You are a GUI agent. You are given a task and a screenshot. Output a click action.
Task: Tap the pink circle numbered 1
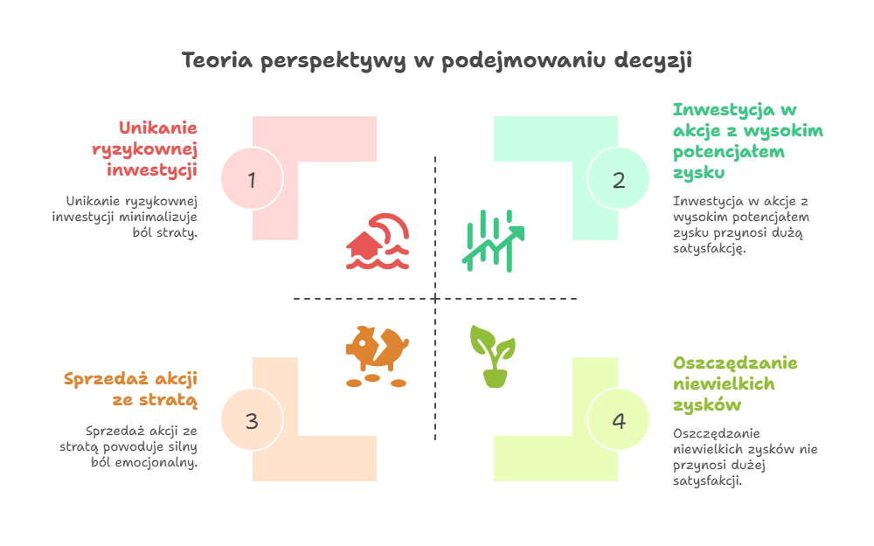[252, 179]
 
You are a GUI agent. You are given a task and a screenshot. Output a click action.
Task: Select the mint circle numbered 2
[619, 179]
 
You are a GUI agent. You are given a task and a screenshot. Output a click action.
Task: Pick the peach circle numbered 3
[252, 420]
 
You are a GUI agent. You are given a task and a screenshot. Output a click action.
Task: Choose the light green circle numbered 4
[619, 420]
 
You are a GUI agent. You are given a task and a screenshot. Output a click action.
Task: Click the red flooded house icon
[378, 241]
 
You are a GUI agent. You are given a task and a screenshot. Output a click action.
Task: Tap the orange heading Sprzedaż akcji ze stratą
[131, 390]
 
